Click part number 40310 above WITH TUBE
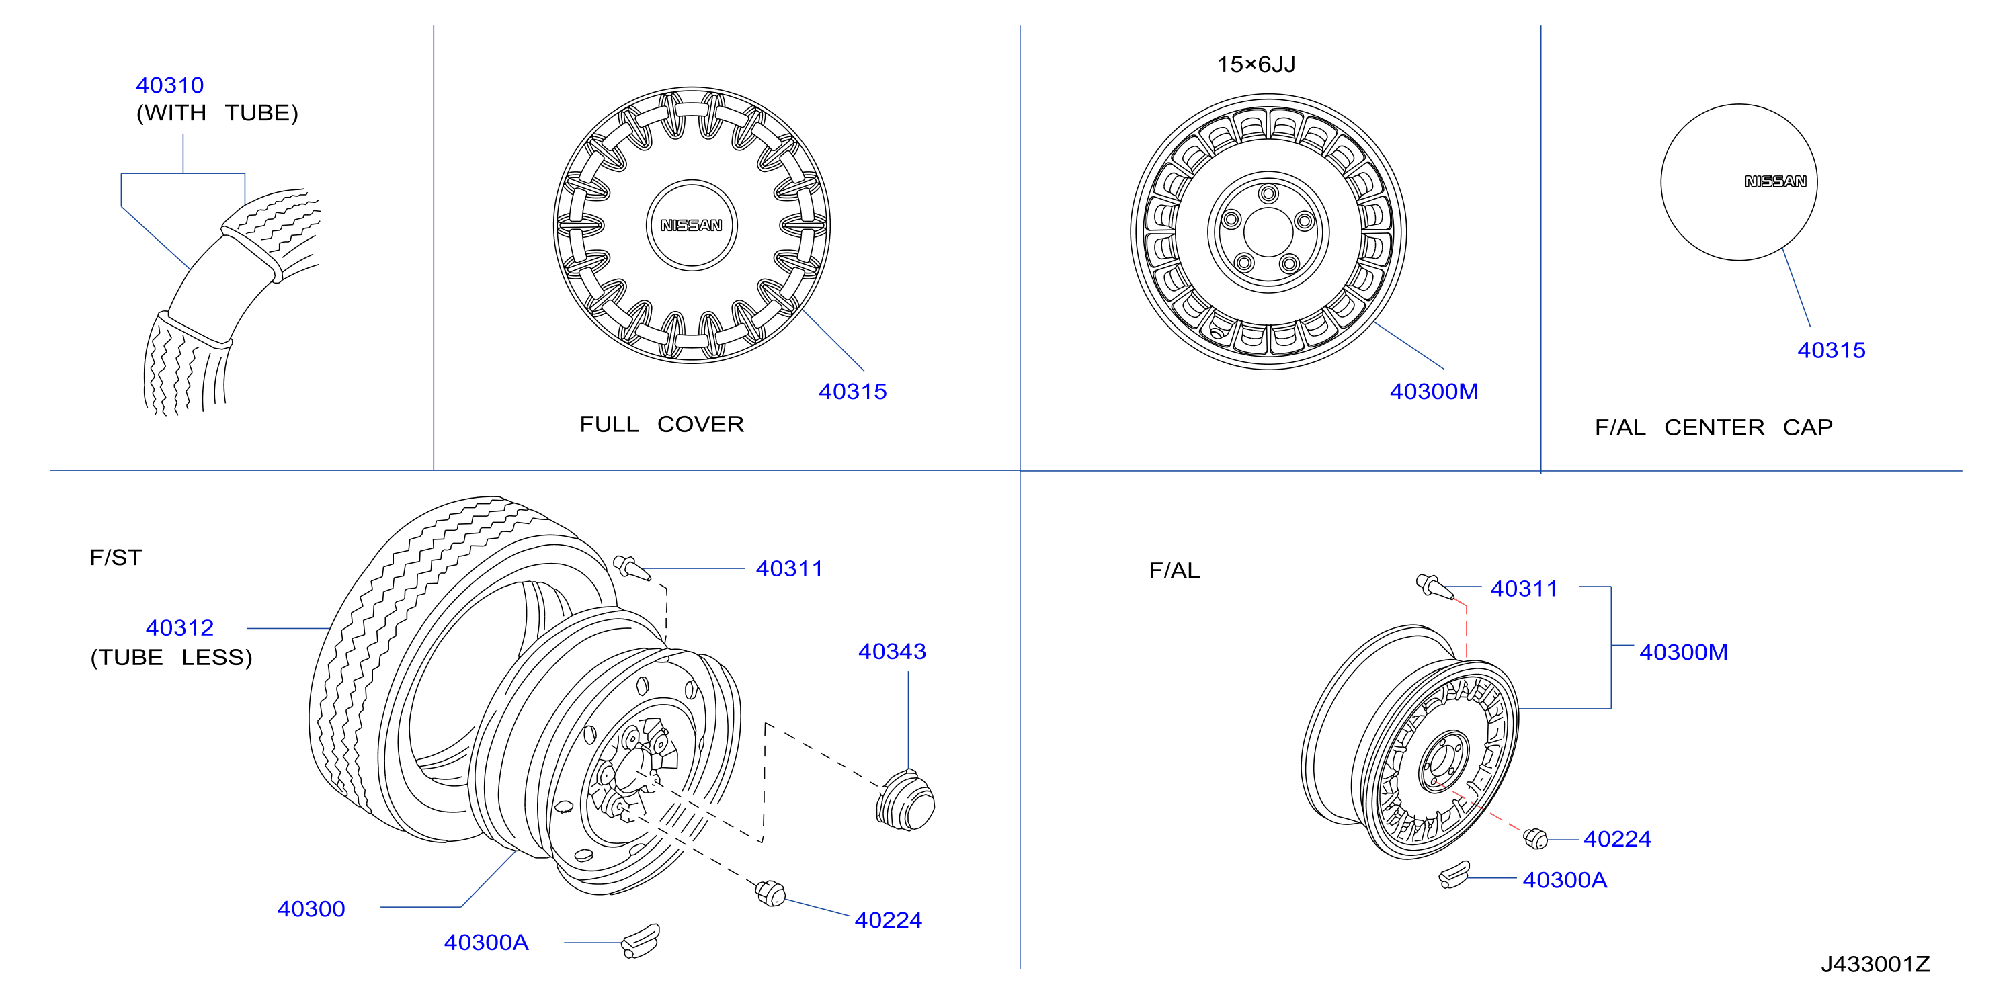169,85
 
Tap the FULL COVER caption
662,425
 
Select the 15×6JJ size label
1257,64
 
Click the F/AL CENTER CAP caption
1714,427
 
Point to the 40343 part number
893,652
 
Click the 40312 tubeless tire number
179,628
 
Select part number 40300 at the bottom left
311,910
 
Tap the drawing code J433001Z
1875,964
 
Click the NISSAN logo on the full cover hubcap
692,226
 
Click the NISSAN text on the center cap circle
1776,181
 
